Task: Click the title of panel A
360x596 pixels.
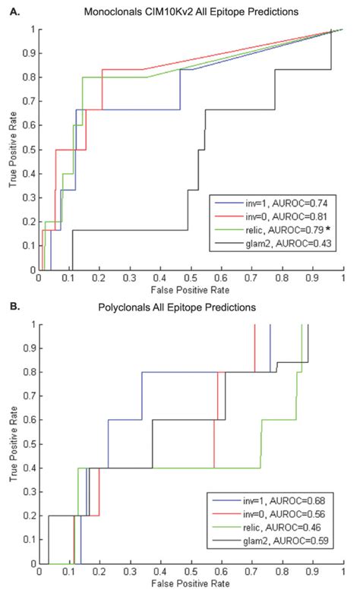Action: pyautogui.click(x=190, y=12)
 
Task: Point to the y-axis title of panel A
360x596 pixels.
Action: pyautogui.click(x=11, y=149)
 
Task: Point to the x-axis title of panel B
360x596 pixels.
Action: pyautogui.click(x=191, y=589)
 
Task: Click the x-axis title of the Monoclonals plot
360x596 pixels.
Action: pyautogui.click(x=191, y=289)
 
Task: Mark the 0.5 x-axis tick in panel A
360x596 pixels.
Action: pyautogui.click(x=191, y=279)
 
